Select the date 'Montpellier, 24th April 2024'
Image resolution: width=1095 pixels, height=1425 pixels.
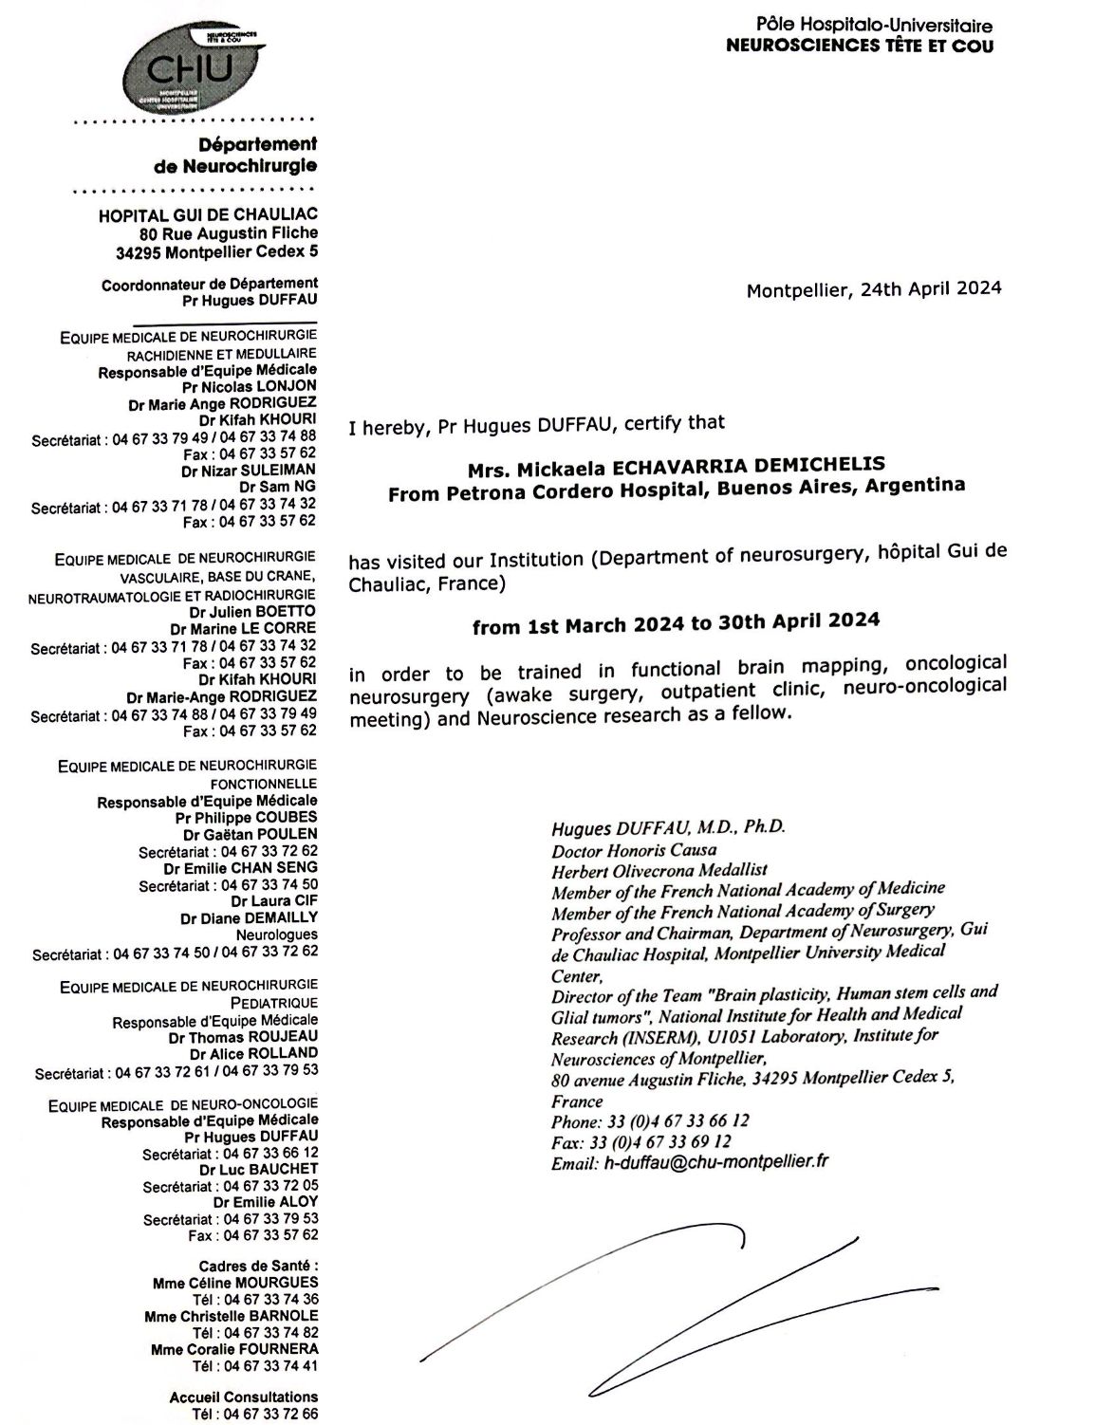[x=873, y=289]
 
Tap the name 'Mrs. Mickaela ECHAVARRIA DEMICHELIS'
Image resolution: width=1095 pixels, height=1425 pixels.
[x=676, y=465]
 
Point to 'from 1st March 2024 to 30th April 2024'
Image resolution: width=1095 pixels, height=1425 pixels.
[x=676, y=623]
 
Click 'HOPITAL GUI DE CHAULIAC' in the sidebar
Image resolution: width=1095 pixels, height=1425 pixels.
[x=208, y=216]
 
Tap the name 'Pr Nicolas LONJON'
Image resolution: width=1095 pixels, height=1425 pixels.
[x=250, y=386]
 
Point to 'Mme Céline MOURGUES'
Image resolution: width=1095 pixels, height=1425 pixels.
[x=234, y=1283]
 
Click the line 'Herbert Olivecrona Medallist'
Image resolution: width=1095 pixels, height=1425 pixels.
[x=659, y=869]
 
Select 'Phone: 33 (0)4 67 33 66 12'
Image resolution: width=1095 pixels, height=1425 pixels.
[x=650, y=1121]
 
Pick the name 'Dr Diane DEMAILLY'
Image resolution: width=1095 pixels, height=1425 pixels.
[x=249, y=917]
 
